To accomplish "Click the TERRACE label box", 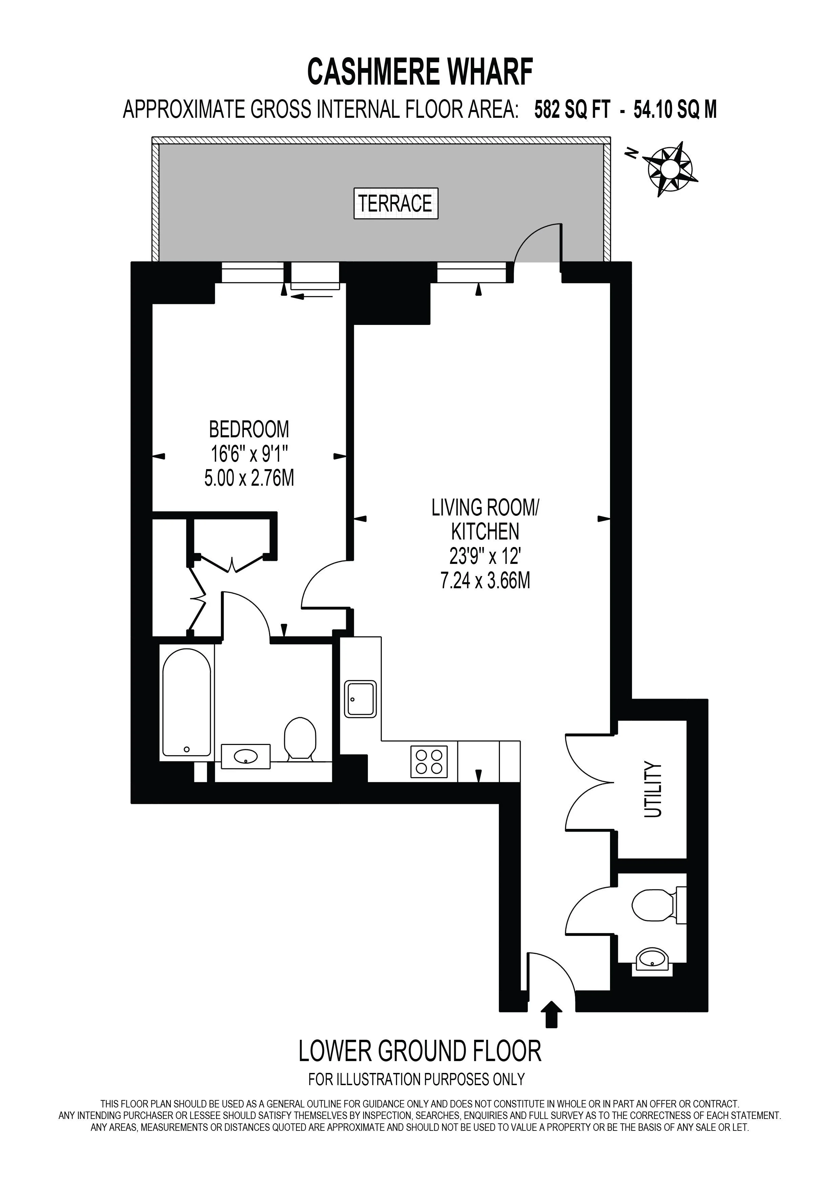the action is [396, 203].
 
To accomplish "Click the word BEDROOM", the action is [249, 430].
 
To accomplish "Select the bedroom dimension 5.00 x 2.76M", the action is [249, 478].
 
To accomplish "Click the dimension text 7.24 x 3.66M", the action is [485, 581].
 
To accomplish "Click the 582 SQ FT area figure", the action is [572, 110].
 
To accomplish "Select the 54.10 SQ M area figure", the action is [675, 110].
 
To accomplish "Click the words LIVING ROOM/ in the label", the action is [485, 508].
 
